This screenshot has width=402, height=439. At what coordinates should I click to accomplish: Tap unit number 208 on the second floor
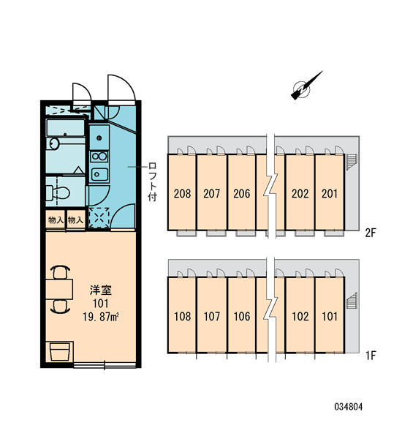[x=182, y=193]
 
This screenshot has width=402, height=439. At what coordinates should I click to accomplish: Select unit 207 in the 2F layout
[x=212, y=193]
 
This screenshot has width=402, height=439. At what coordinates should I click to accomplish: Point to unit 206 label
[x=242, y=193]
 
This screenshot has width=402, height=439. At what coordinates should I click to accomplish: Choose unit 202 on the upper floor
[x=300, y=193]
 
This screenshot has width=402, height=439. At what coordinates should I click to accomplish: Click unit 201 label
[x=330, y=193]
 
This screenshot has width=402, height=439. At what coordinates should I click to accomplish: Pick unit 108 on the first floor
[x=183, y=316]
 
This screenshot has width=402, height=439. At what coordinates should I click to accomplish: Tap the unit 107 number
[x=212, y=316]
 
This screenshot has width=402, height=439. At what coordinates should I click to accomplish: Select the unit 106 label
[x=242, y=316]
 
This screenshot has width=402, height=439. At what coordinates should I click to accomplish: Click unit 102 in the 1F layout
[x=300, y=316]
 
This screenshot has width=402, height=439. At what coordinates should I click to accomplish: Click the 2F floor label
[x=371, y=233]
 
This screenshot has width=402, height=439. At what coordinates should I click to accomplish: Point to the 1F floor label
[x=371, y=356]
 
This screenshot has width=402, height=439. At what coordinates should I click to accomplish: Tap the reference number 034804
[x=349, y=407]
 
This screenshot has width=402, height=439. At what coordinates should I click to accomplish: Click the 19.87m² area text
[x=101, y=317]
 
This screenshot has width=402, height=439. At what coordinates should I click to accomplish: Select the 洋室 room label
[x=101, y=290]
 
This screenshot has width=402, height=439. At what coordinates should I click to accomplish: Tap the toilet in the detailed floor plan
[x=58, y=192]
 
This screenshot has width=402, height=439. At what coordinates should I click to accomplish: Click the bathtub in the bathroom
[x=66, y=127]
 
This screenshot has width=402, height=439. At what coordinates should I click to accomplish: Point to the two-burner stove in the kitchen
[x=99, y=157]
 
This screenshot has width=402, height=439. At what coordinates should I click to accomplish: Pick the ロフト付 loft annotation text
[x=153, y=181]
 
